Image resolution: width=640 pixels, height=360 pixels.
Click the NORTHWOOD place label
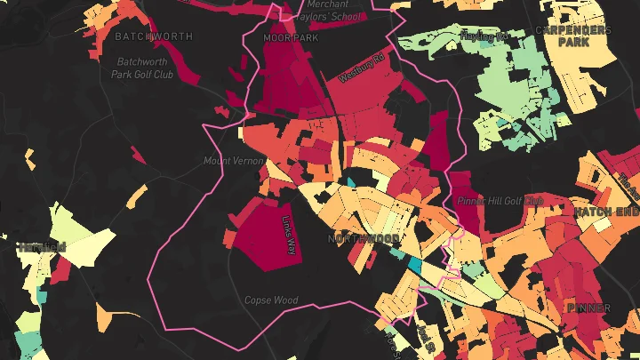[363, 239]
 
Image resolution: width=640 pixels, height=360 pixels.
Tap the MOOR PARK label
[290, 39]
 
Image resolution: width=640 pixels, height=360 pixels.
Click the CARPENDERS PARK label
[573, 35]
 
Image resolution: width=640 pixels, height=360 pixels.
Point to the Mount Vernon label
[229, 161]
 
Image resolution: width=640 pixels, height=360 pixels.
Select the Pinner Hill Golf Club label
[500, 201]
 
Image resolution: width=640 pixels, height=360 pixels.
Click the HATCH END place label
[606, 212]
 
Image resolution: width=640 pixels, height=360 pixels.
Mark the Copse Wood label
[271, 300]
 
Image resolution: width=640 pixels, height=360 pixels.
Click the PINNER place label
[588, 308]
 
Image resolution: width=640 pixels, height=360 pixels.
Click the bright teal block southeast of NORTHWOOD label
[414, 265]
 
